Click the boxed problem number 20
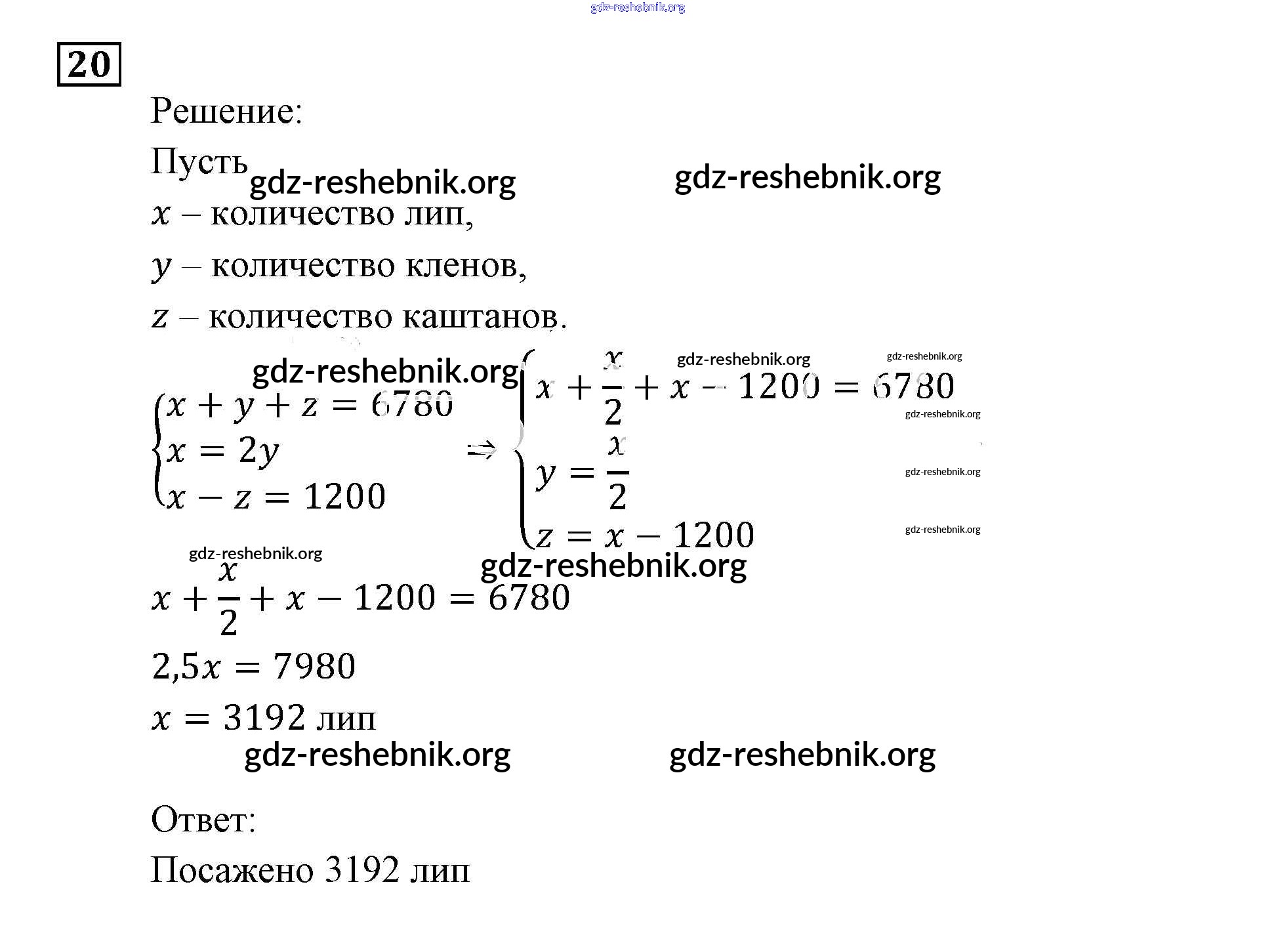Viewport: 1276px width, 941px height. (x=89, y=64)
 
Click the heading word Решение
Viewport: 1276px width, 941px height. (x=226, y=111)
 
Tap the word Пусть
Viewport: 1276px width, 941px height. (x=199, y=161)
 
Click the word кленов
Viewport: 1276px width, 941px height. (x=466, y=265)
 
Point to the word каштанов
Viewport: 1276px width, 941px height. (x=484, y=317)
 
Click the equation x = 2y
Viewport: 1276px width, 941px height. (x=223, y=451)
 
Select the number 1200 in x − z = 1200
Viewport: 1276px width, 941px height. (x=345, y=497)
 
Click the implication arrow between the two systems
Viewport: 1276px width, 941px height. (x=482, y=450)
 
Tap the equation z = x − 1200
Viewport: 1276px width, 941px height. (x=646, y=535)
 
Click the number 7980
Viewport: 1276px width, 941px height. (x=314, y=667)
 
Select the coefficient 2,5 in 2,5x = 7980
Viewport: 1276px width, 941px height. (x=175, y=667)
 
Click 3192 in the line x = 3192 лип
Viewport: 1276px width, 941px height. (x=264, y=717)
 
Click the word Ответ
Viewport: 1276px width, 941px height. (x=203, y=820)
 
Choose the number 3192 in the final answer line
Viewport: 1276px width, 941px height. (x=361, y=871)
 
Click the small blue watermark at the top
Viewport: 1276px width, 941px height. (x=638, y=7)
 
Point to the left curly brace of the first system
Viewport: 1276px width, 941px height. (x=157, y=450)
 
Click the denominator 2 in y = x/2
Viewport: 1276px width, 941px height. (x=617, y=496)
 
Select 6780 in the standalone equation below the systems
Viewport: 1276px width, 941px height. (x=529, y=598)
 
